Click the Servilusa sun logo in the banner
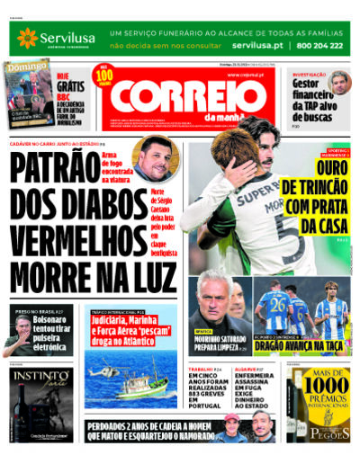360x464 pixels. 26,37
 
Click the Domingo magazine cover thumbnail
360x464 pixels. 27,95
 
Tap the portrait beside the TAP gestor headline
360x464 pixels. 339,84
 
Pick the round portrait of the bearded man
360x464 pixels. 155,159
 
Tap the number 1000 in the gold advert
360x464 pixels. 327,386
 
